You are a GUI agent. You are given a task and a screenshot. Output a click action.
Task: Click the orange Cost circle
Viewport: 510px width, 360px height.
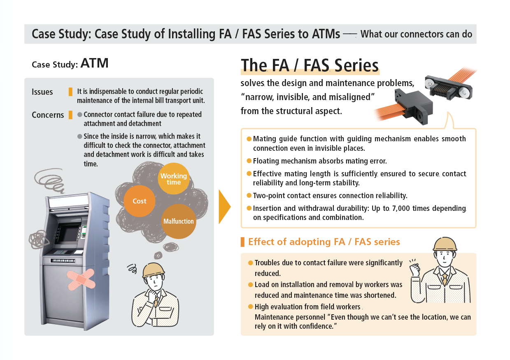pyautogui.click(x=140, y=201)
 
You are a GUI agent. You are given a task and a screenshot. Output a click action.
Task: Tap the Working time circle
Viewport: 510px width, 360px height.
pyautogui.click(x=174, y=179)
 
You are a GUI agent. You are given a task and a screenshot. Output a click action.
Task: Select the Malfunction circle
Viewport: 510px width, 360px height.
pyautogui.click(x=179, y=221)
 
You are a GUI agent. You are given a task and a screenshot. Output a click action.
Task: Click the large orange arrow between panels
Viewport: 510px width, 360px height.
pyautogui.click(x=225, y=207)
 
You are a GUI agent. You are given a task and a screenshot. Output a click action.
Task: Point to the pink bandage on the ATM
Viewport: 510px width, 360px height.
pyautogui.click(x=81, y=279)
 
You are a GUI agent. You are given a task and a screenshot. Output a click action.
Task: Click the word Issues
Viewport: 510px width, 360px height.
pyautogui.click(x=42, y=92)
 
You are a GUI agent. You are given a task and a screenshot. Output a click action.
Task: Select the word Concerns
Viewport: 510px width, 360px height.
pyautogui.click(x=48, y=115)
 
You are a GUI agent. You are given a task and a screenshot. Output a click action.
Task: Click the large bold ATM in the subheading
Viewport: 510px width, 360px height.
pyautogui.click(x=95, y=63)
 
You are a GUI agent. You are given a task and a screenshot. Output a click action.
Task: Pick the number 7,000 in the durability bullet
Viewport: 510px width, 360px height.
pyautogui.click(x=401, y=208)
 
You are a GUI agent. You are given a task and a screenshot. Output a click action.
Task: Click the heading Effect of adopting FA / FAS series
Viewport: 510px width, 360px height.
pyautogui.click(x=324, y=242)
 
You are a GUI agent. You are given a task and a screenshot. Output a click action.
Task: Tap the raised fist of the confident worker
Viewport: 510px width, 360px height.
pyautogui.click(x=415, y=269)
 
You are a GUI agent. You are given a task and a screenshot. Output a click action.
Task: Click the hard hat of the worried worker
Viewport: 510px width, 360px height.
pyautogui.click(x=153, y=271)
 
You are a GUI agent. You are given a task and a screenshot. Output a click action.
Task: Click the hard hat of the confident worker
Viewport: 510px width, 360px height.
pyautogui.click(x=445, y=244)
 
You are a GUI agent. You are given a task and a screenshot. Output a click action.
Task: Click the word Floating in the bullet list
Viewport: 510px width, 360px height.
pyautogui.click(x=266, y=161)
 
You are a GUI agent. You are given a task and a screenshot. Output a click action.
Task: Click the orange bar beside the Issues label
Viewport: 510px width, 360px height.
pyautogui.click(x=70, y=92)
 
